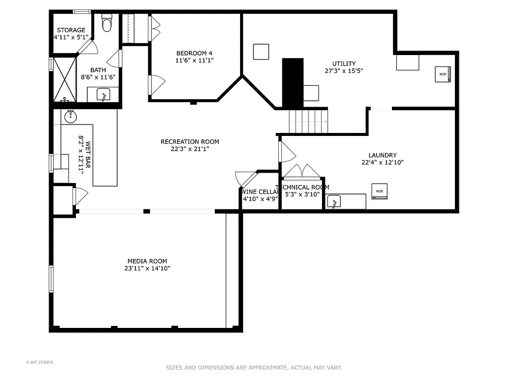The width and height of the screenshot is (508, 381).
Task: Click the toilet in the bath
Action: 107,23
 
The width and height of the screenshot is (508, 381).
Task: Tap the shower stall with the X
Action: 64,79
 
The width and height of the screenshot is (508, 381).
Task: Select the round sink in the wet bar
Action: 71,117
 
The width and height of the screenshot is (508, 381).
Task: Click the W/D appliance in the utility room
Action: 443,74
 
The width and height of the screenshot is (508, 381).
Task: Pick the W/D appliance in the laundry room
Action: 380,191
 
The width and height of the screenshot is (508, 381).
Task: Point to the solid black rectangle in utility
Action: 293,82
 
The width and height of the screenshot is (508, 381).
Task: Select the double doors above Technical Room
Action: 302,171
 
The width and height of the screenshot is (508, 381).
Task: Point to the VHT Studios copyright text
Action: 40,362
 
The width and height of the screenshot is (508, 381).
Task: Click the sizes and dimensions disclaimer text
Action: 254,368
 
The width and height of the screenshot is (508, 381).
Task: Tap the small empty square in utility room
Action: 261,52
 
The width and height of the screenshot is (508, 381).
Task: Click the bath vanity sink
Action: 103,95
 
